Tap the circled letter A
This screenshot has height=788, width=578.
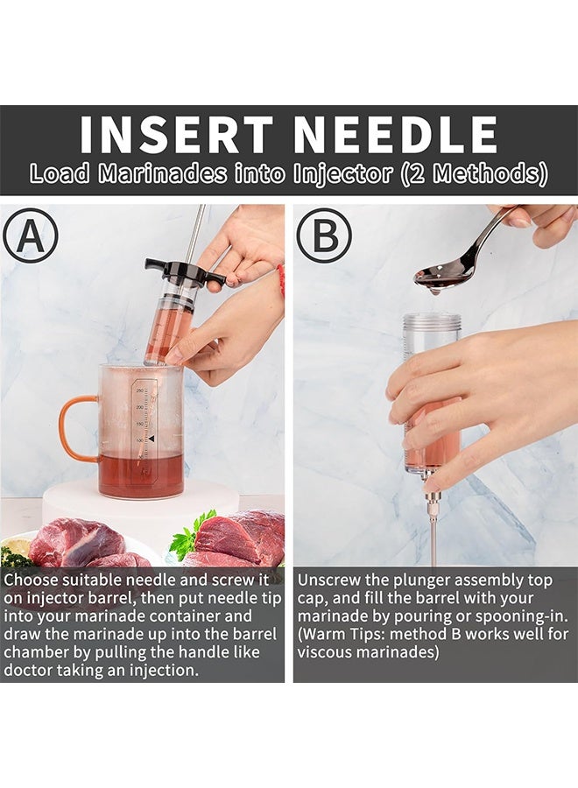30,236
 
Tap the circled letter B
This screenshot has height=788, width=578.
323,236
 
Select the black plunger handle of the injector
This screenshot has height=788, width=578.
185,271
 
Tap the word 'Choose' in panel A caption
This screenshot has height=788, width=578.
32,580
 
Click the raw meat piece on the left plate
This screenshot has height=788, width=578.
74,543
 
